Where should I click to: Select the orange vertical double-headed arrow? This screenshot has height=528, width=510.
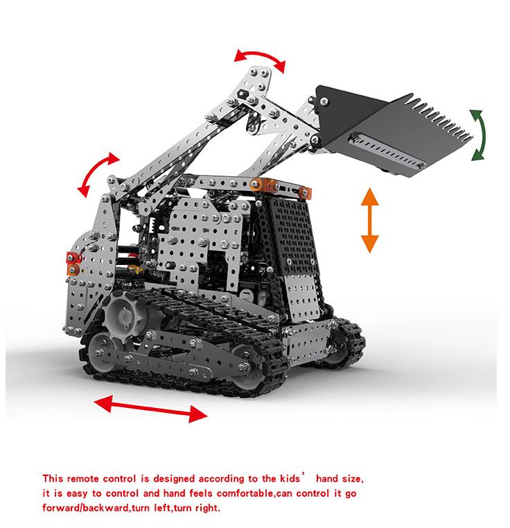click(x=369, y=220)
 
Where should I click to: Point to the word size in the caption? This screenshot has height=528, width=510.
click(x=350, y=479)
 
